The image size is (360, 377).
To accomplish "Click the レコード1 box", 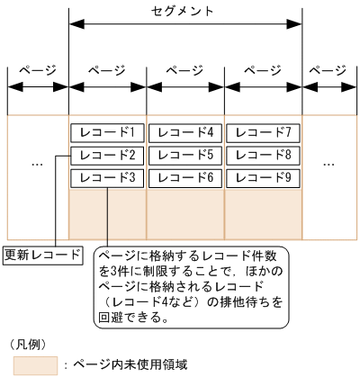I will [x=106, y=132].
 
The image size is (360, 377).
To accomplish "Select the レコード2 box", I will [x=106, y=155].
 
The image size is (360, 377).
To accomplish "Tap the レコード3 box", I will [x=106, y=177].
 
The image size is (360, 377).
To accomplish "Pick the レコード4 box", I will [x=184, y=132].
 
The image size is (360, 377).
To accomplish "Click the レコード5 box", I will [x=184, y=155].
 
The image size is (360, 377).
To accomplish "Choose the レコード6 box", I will [x=184, y=177].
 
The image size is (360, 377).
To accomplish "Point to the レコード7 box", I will [x=263, y=132].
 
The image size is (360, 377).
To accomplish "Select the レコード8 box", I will [x=263, y=155].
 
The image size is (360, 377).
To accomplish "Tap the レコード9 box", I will [x=263, y=177].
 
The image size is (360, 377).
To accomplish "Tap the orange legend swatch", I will [x=31, y=364].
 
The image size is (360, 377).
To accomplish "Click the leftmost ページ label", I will [x=37, y=69].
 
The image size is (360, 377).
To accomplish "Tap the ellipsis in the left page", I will [x=37, y=165].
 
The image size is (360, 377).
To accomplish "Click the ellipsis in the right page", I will [x=330, y=165].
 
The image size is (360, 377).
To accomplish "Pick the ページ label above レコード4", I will [x=184, y=69].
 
